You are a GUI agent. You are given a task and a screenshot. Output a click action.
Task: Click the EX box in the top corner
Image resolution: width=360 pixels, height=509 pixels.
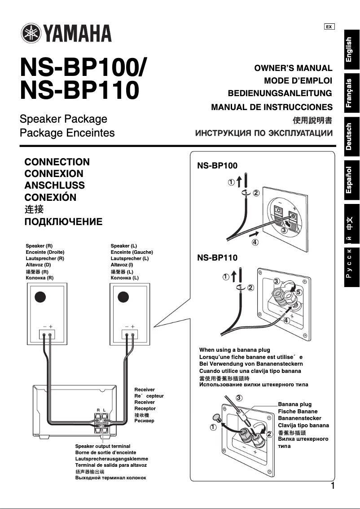[329, 27]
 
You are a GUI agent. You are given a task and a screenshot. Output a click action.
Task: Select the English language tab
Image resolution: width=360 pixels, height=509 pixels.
[351, 49]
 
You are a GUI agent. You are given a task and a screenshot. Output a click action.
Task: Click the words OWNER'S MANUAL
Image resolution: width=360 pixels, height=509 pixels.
[293, 68]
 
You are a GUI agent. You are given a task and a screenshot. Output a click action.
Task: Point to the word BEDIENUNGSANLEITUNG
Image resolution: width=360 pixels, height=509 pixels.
[280, 93]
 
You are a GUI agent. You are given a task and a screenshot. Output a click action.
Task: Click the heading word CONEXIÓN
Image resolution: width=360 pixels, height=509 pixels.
[50, 197]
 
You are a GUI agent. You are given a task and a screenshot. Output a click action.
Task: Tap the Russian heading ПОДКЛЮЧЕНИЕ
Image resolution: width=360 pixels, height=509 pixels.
[63, 221]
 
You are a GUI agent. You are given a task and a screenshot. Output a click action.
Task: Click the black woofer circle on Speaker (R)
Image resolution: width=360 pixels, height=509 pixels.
[40, 297]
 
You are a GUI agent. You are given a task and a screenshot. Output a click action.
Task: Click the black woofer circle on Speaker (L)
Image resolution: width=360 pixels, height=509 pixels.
[123, 297]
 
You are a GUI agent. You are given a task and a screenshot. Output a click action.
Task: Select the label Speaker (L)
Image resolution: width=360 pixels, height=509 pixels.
[123, 246]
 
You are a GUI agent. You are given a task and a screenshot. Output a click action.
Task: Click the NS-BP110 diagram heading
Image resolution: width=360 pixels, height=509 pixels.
[217, 258]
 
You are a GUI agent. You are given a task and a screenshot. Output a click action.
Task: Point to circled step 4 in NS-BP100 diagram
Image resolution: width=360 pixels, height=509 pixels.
[255, 242]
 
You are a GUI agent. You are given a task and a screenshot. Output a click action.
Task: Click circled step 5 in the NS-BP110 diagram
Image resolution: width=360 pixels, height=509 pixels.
[299, 292]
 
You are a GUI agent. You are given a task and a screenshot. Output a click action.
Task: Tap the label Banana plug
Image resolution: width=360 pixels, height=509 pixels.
[294, 404]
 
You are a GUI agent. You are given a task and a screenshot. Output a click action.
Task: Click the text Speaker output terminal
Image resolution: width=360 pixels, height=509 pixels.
[102, 447]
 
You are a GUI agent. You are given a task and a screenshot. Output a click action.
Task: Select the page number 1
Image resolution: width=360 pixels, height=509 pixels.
[332, 486]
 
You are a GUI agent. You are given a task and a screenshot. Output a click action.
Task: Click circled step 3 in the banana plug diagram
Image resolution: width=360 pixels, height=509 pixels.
[239, 398]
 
